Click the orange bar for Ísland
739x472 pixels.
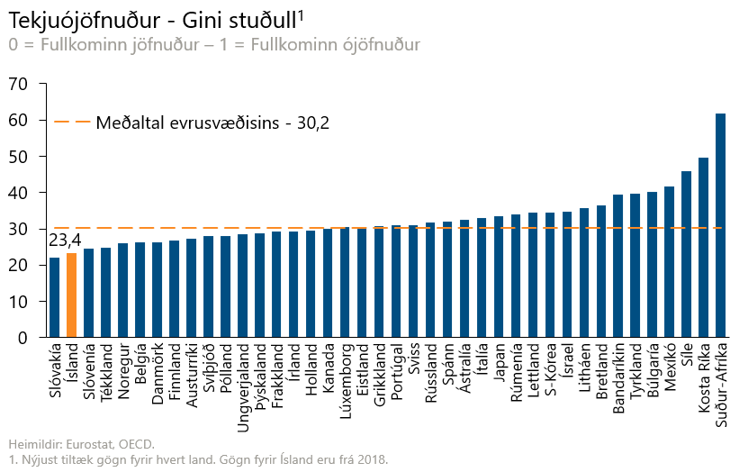pyautogui.click(x=72, y=295)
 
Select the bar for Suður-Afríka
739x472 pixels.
pyautogui.click(x=720, y=225)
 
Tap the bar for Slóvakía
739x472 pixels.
pyautogui.click(x=55, y=297)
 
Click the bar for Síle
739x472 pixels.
pyautogui.click(x=686, y=254)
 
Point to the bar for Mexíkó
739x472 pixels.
pyautogui.click(x=669, y=262)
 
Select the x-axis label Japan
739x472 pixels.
pyautogui.click(x=499, y=364)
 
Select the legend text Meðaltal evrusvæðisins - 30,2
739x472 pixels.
pyautogui.click(x=212, y=123)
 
